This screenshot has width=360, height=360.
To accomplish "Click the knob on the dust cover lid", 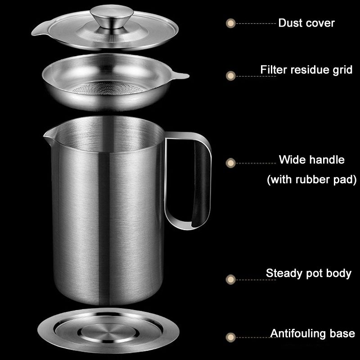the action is (x=112, y=17).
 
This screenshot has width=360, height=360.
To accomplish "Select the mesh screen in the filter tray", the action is (x=108, y=88).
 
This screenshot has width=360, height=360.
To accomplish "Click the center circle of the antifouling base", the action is (x=108, y=332).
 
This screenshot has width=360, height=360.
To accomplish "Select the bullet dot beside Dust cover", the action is (x=230, y=23).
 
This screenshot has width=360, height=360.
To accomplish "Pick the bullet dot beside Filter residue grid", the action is (x=230, y=76).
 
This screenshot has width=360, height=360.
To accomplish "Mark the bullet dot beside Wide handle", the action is (x=230, y=163).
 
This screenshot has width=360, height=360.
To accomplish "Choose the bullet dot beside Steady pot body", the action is (x=230, y=279).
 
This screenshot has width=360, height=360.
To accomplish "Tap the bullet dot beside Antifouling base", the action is (x=230, y=337).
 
